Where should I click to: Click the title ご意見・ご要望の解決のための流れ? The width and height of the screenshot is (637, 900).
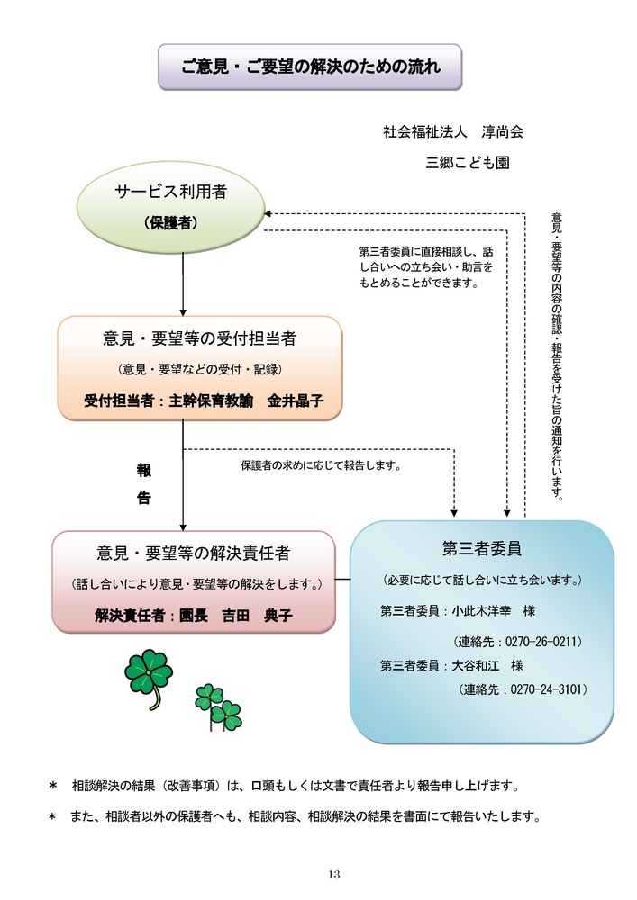pyautogui.click(x=311, y=67)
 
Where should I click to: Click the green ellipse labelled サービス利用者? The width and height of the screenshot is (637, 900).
pyautogui.click(x=170, y=207)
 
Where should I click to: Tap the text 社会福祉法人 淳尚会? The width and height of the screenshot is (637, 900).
pyautogui.click(x=453, y=132)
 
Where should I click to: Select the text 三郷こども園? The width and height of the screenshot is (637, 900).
pyautogui.click(x=468, y=163)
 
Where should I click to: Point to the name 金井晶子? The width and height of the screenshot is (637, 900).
pyautogui.click(x=296, y=400)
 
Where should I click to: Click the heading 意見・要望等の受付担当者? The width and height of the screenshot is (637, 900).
pyautogui.click(x=199, y=338)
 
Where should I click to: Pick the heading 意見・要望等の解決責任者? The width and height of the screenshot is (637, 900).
pyautogui.click(x=194, y=553)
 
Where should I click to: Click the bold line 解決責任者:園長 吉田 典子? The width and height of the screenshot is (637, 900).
pyautogui.click(x=194, y=616)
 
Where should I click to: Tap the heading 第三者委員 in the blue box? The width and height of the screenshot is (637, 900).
pyautogui.click(x=482, y=549)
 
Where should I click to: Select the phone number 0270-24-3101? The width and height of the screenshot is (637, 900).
pyautogui.click(x=546, y=688)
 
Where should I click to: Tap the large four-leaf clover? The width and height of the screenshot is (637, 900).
pyautogui.click(x=149, y=678)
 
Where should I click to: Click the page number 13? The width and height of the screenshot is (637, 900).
pyautogui.click(x=334, y=874)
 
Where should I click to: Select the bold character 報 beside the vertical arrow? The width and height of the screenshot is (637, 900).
pyautogui.click(x=143, y=471)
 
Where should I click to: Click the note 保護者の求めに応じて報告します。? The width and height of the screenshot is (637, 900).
pyautogui.click(x=321, y=465)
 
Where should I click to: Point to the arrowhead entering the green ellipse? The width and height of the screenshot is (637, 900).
pyautogui.click(x=267, y=214)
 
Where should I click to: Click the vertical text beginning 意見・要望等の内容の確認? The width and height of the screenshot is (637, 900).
pyautogui.click(x=557, y=356)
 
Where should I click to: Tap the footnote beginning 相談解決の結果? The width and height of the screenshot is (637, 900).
pyautogui.click(x=296, y=786)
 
